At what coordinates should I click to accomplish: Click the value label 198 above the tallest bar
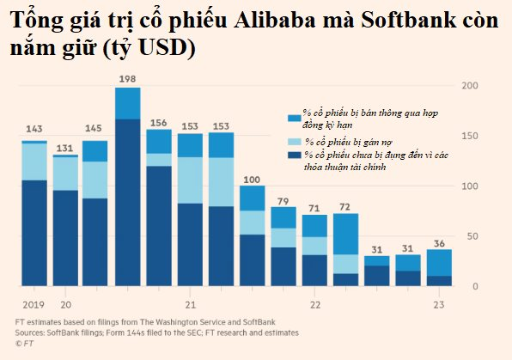[127, 79]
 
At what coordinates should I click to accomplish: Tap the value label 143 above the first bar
[34, 129]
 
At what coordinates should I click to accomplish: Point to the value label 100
[252, 180]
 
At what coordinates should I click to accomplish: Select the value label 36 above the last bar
[439, 244]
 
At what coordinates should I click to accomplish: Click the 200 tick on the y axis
[470, 86]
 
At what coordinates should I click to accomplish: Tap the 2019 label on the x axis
[34, 305]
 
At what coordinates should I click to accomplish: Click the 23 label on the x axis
[439, 305]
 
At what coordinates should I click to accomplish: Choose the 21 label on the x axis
[191, 305]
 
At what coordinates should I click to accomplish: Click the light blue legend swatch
[294, 142]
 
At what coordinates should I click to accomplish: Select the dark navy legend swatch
[294, 155]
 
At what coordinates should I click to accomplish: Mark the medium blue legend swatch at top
[294, 118]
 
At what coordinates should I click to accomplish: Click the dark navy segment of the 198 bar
[128, 203]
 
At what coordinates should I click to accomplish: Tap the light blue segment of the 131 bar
[65, 174]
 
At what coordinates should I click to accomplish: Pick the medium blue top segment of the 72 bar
[346, 234]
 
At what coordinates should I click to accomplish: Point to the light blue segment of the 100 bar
[253, 223]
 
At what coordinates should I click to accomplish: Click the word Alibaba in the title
[275, 21]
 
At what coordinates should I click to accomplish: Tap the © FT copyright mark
[24, 344]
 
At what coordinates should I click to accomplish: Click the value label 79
[283, 201]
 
